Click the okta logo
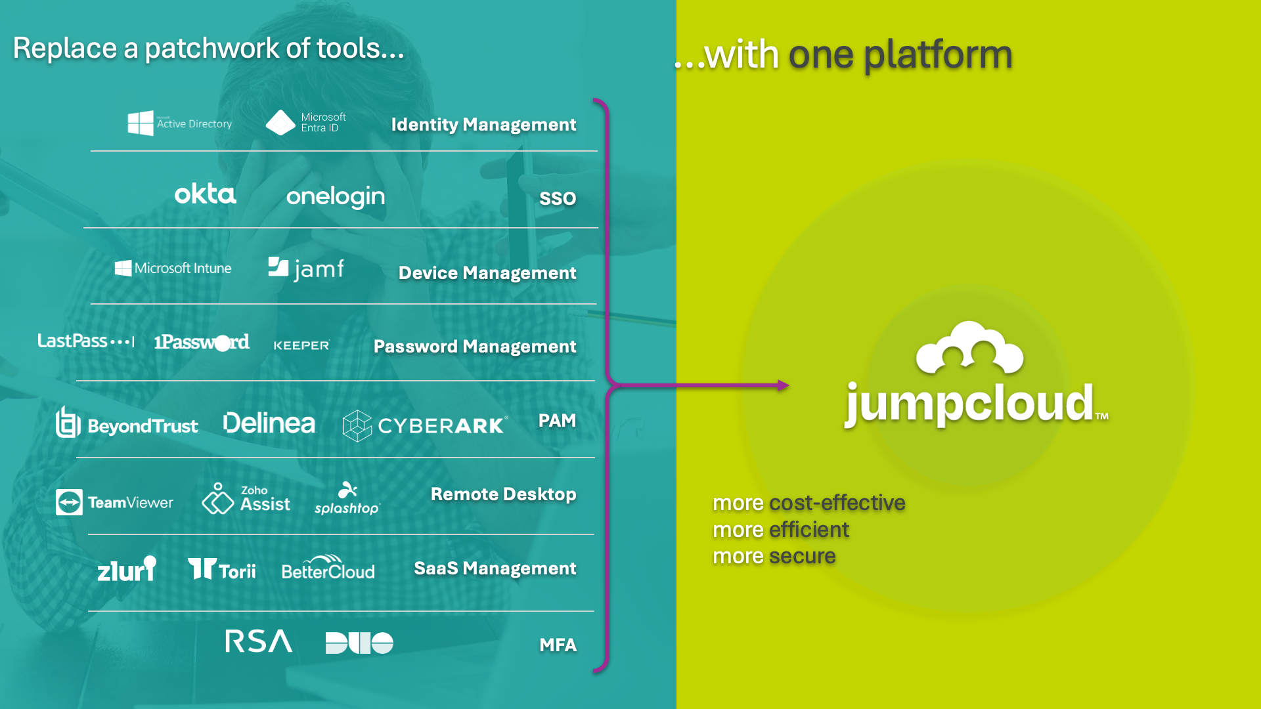tap(205, 194)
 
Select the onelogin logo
tap(336, 196)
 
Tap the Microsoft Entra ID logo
tap(306, 123)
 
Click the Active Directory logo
tap(179, 123)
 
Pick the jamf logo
tap(306, 269)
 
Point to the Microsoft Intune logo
tap(173, 268)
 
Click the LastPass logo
tap(85, 341)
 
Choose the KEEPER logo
tap(301, 345)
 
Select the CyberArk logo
tap(425, 425)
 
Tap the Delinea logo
tap(269, 423)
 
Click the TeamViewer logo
tap(115, 502)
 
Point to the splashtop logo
tap(347, 500)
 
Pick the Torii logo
tap(222, 569)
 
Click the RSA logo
tap(259, 641)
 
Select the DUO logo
tap(359, 643)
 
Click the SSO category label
tap(558, 198)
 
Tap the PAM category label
tap(557, 421)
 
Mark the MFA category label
tap(558, 645)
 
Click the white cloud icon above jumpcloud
tap(969, 348)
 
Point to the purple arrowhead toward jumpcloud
tap(783, 385)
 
